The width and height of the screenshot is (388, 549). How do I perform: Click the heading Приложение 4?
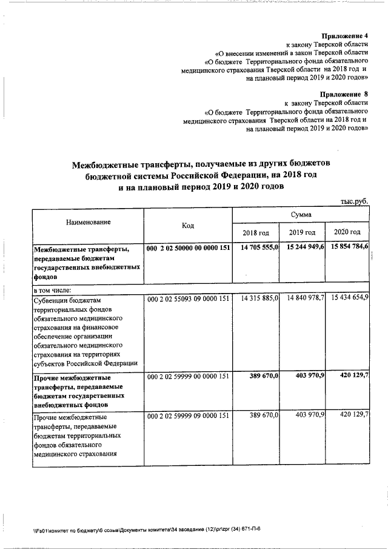(x=344, y=36)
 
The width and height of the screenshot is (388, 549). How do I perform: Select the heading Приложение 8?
(x=344, y=95)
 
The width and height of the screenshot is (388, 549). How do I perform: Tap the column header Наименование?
(x=89, y=223)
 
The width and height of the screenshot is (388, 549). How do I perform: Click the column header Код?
(x=188, y=226)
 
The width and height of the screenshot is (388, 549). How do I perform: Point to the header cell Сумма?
(x=301, y=215)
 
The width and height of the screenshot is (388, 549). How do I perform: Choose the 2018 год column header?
(x=256, y=233)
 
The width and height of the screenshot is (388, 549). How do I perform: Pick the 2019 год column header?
(x=302, y=233)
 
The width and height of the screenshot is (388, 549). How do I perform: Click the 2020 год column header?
(x=347, y=233)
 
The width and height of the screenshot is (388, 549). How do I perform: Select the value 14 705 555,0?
(x=259, y=248)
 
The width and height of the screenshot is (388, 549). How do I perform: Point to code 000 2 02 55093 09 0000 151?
(x=188, y=298)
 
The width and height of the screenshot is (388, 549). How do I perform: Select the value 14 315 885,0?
(x=259, y=298)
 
